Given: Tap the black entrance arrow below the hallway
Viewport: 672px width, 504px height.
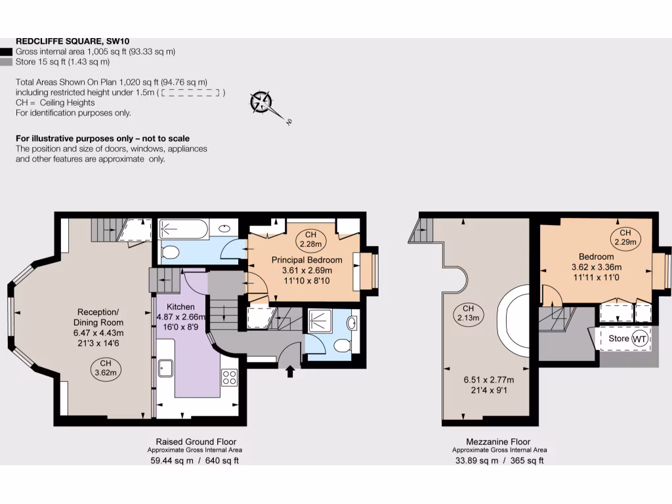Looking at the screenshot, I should point(291,372).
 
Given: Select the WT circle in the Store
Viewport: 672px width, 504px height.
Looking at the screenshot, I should point(639,339).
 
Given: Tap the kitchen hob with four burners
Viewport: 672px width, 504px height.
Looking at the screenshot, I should point(229,377).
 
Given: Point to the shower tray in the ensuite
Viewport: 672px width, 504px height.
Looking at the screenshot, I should point(323,320).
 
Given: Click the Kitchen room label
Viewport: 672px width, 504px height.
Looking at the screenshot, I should point(180,306).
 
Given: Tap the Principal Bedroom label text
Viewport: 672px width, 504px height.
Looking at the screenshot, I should point(306,260).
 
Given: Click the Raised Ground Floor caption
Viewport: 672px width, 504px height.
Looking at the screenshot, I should point(196,442).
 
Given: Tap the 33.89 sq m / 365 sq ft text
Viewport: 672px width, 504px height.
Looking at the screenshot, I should point(499,461).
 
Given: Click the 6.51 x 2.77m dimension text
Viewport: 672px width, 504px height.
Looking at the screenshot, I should point(488,380).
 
